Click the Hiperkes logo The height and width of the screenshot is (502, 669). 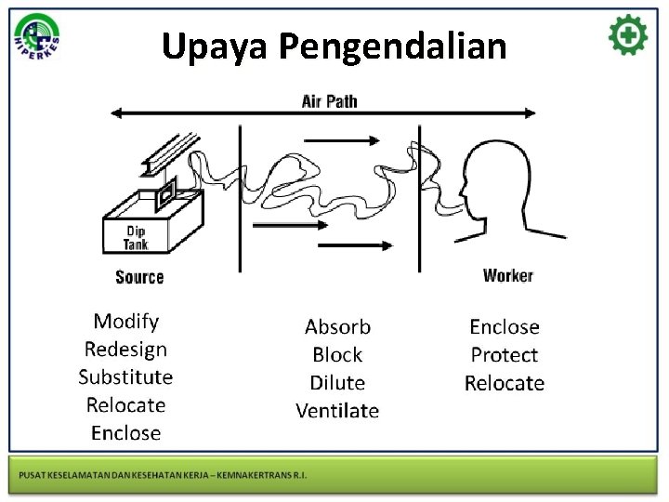click(x=37, y=38)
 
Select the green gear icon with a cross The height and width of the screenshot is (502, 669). click(x=628, y=36)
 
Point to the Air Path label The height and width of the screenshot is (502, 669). click(x=329, y=100)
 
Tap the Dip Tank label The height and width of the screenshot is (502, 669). click(x=136, y=238)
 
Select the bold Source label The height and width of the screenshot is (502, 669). click(x=139, y=277)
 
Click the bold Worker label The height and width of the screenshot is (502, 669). click(x=508, y=275)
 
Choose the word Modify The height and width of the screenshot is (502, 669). click(x=126, y=322)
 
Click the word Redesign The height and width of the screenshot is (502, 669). click(x=125, y=350)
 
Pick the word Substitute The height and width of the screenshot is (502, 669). click(x=125, y=377)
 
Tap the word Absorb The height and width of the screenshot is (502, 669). click(x=337, y=327)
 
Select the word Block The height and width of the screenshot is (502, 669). click(x=337, y=355)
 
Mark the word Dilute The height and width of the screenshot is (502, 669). click(x=337, y=383)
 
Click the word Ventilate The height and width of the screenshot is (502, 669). click(x=337, y=411)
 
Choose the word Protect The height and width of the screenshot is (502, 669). click(x=505, y=355)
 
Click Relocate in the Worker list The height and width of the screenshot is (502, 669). click(x=505, y=383)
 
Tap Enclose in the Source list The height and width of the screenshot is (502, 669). click(x=125, y=433)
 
